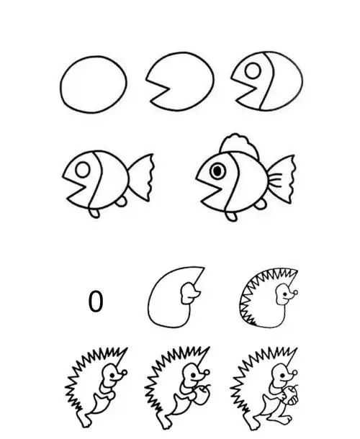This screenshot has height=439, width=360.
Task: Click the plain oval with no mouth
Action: [94, 83]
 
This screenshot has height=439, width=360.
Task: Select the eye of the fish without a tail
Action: [254, 71]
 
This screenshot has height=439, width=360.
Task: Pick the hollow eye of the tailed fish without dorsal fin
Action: [83, 170]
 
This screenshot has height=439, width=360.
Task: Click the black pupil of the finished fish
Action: [217, 171]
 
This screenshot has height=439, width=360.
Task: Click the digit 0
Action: [95, 301]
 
